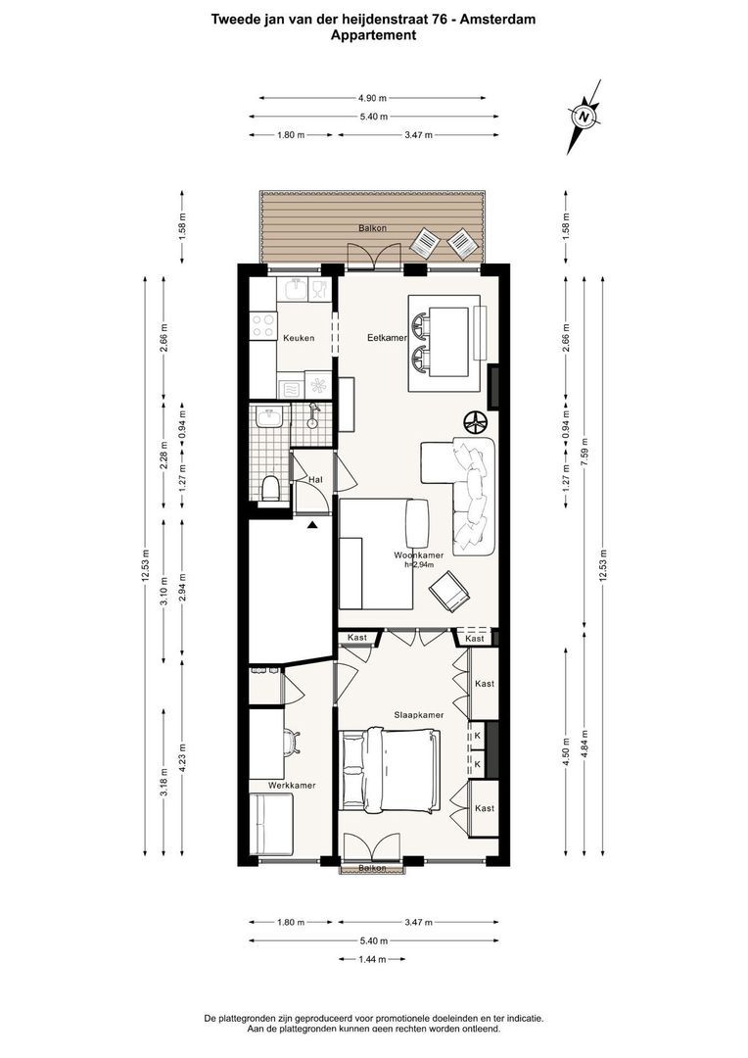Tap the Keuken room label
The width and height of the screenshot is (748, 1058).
coord(298,338)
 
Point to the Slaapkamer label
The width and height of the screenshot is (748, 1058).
coord(419,715)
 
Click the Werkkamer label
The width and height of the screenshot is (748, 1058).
coord(270,785)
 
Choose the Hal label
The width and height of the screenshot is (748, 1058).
coord(315,480)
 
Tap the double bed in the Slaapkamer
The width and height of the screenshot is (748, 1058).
coord(390,770)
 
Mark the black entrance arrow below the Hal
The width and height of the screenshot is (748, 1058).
coord(312,525)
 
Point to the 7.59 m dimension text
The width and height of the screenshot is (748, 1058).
coord(584,456)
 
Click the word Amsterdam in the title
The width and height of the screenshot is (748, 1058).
coord(500,19)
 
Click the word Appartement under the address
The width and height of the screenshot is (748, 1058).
coord(373,35)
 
